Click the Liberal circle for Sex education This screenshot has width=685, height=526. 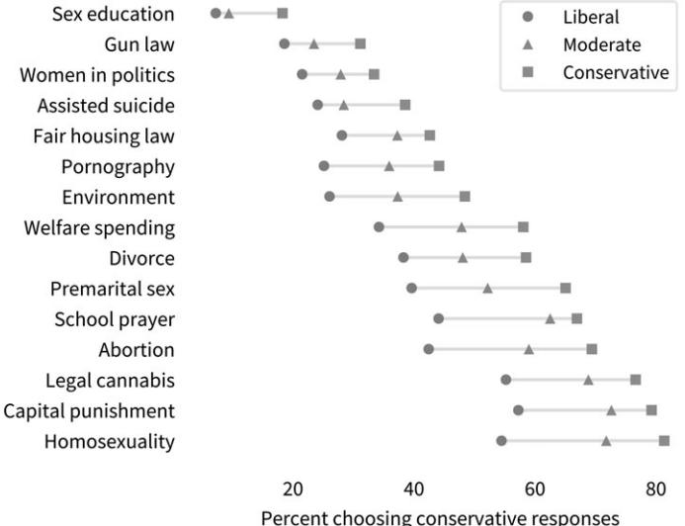[x=215, y=13]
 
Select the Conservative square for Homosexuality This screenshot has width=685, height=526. [x=664, y=440]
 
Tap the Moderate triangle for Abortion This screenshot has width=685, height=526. [x=529, y=349]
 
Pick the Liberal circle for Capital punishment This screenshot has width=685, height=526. [x=518, y=409]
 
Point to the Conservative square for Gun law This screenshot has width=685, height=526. [x=361, y=44]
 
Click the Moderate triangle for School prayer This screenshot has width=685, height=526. [x=550, y=318]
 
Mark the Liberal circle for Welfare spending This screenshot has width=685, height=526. [x=379, y=226]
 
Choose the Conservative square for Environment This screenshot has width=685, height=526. [x=465, y=196]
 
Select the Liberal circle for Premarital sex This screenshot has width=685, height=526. [x=411, y=288]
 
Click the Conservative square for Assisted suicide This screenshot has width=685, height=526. [x=405, y=104]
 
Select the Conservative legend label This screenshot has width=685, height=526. [x=616, y=72]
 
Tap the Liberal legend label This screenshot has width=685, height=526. [x=591, y=17]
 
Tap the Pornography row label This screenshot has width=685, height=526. [x=118, y=166]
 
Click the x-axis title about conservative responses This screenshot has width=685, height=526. [x=441, y=517]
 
